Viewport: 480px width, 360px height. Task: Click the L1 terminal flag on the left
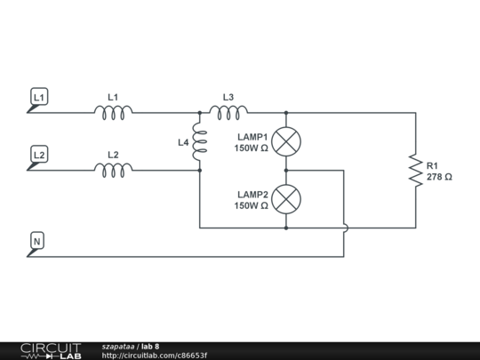coord(39,96)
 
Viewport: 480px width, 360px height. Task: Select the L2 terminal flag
coord(39,155)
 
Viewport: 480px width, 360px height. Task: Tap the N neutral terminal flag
coord(37,241)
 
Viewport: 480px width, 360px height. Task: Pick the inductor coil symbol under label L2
coord(114,168)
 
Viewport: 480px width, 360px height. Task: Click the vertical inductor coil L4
coord(199,142)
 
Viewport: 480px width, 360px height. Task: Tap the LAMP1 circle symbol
coord(285,141)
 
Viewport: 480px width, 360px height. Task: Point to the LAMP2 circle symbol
coord(285,199)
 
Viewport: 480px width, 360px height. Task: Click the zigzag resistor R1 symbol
coord(414,170)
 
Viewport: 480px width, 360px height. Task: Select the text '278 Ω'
coord(439,177)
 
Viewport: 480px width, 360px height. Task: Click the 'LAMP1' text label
coord(252,137)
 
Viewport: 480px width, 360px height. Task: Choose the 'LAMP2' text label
coord(252,194)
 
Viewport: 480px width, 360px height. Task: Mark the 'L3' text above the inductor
coord(228,97)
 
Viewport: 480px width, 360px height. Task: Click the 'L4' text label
coord(183,142)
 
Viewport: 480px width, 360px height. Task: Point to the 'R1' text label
coord(432,166)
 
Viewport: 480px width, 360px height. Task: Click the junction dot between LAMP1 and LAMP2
coord(285,170)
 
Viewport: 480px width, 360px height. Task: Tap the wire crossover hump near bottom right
coord(344,228)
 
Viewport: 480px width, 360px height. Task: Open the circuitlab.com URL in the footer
coord(155,356)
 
